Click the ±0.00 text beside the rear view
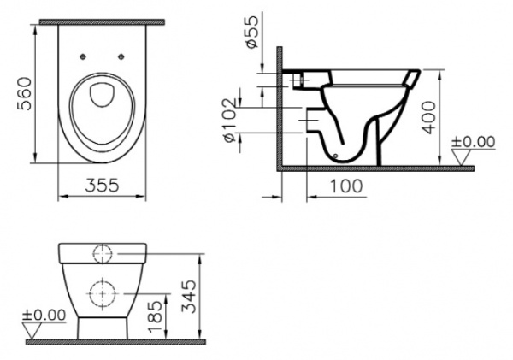click(x=44, y=316)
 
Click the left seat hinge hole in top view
click(x=83, y=57)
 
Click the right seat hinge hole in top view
click(x=121, y=57)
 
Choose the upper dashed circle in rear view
click(x=102, y=253)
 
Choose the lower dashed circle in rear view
click(x=102, y=292)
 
